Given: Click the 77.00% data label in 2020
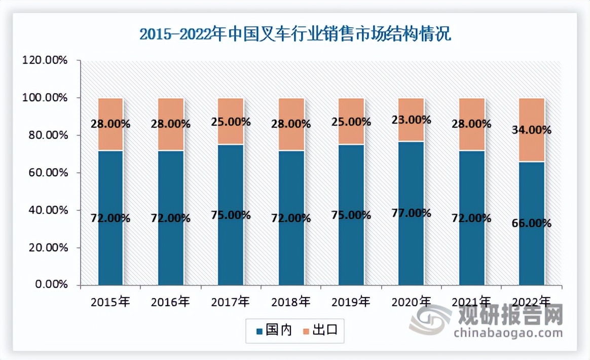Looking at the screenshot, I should click(411, 213).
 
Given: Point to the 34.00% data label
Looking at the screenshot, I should click(532, 130).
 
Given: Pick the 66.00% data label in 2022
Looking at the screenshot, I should click(532, 223).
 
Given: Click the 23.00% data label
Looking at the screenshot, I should click(411, 120).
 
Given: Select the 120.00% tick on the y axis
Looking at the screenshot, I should click(45, 60).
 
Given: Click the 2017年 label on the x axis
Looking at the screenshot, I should click(231, 303).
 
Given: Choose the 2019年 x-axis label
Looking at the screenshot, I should click(351, 303).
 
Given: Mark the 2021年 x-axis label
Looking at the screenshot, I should click(471, 303).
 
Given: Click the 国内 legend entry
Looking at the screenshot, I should click(274, 331).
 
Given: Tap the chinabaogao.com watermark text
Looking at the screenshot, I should click(508, 333).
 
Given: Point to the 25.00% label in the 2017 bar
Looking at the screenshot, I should click(231, 122).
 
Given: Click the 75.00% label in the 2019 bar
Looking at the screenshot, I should click(351, 215).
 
